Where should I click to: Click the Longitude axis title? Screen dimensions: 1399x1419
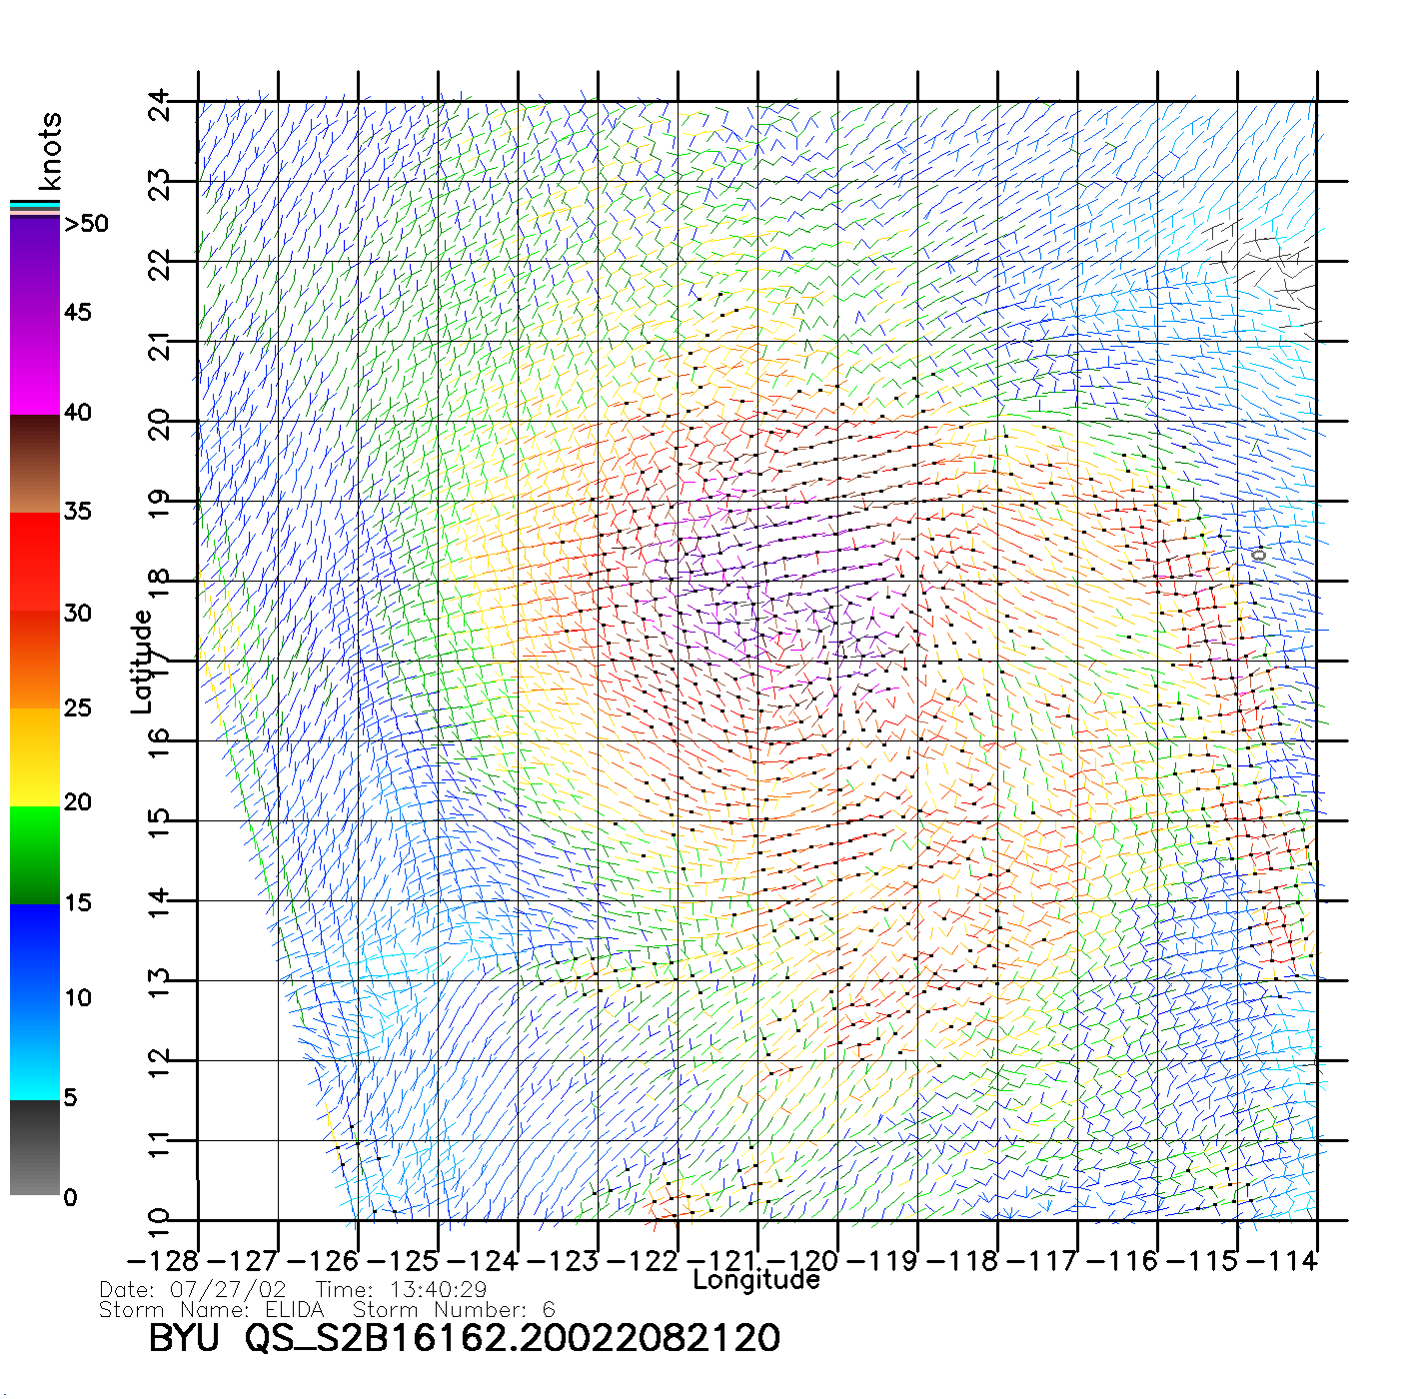756,1280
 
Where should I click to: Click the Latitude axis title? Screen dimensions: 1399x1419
142,662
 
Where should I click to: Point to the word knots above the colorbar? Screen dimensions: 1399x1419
50,151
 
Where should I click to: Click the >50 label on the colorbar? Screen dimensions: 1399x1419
86,224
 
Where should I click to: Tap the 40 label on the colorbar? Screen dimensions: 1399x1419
77,412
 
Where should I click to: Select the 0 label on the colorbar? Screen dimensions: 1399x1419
70,1197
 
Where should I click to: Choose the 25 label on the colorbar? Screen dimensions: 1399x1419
77,708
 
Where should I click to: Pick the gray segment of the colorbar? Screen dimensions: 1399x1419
35,1149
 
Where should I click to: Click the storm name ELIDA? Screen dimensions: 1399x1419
295,1310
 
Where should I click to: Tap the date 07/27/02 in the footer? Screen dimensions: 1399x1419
228,1290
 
